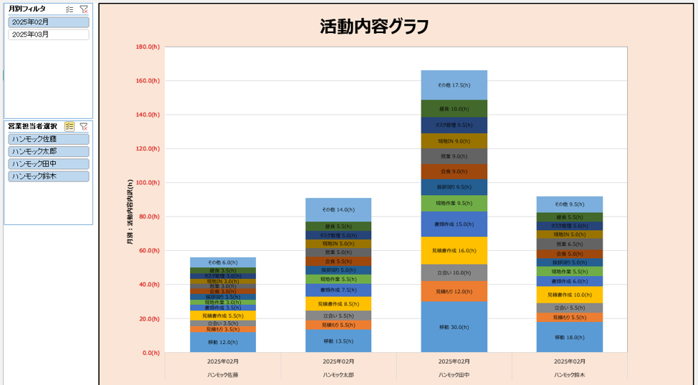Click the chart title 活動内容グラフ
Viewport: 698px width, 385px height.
pos(374,27)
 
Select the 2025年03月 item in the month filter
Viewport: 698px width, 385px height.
pos(48,34)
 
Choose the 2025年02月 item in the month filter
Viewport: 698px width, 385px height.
pos(48,22)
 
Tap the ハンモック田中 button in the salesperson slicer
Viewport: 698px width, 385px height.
pos(48,163)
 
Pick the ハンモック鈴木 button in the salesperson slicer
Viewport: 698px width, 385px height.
pos(48,176)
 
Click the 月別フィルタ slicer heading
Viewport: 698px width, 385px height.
pos(27,9)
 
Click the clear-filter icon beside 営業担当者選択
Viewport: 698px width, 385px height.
pos(84,126)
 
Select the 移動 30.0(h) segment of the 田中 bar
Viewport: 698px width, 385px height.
pos(454,327)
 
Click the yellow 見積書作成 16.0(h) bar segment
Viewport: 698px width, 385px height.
pos(454,251)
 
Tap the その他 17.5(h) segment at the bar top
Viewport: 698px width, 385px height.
pos(454,85)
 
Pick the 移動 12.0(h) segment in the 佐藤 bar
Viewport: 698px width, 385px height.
pos(222,342)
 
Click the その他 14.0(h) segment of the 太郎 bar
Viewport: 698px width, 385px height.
pos(338,209)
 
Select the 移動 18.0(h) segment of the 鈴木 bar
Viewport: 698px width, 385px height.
pos(569,337)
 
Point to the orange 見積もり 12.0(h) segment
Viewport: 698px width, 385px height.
pos(454,291)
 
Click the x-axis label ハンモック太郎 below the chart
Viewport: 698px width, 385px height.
pos(338,375)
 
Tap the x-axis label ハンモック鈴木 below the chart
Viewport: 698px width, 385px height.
pos(569,375)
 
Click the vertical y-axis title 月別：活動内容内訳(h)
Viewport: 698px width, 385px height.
pos(130,212)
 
